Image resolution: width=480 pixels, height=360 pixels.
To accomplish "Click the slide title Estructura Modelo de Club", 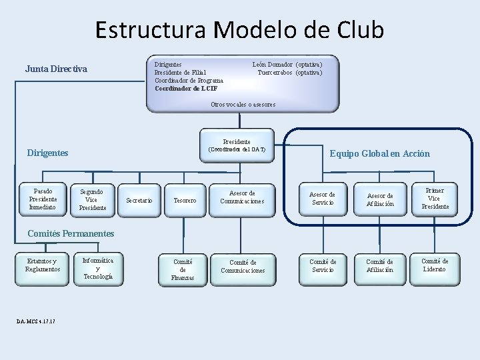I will coord(239,30).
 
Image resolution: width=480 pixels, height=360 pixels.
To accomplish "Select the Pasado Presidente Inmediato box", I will coord(43,199).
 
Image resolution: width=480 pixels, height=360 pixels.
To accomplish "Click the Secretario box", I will coord(139,201).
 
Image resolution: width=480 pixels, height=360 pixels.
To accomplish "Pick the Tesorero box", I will coord(185,201).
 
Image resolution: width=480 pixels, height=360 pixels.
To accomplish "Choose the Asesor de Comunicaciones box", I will coord(242,198).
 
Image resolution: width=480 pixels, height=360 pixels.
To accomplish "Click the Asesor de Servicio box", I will coord(323,199).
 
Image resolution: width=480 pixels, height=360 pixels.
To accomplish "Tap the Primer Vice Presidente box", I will coord(435,199).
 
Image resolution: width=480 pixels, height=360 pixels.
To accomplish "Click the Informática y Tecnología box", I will coord(98,268).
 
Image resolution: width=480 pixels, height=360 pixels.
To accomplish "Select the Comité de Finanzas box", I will coord(183,269).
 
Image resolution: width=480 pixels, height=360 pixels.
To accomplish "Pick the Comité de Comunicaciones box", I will coord(243,267).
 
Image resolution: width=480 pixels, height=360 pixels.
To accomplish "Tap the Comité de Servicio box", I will coord(323,266).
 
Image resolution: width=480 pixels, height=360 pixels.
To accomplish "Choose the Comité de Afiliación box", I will coord(380,266).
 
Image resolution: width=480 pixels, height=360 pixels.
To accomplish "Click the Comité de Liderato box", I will coord(435,265).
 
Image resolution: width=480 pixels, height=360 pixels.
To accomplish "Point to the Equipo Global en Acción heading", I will coord(379,154).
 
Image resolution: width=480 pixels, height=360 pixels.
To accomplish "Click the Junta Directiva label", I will coord(56,69).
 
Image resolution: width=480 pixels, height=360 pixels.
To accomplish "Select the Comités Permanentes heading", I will coord(71,233).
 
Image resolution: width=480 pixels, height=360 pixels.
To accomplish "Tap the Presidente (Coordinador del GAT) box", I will coord(237,146).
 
